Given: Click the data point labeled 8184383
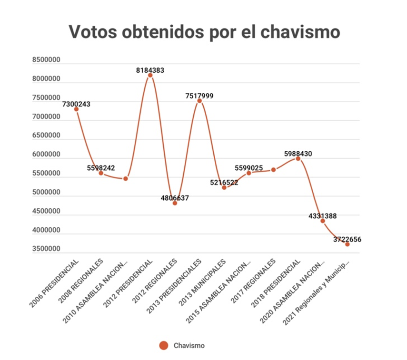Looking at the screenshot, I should pos(150,75).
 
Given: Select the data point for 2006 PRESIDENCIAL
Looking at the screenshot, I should pos(76,109).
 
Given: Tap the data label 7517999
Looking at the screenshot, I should pos(199,96).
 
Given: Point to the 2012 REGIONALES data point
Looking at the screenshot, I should pos(175,203).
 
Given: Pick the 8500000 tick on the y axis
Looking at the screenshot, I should pos(46,60).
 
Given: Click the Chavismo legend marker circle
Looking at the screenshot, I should pos(164,346).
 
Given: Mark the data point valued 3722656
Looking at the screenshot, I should pos(347,244).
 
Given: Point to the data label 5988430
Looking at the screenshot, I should pos(298,154).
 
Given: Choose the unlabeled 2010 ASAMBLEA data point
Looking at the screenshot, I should pos(126,178).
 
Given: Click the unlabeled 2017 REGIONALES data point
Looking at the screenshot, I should pos(273,170).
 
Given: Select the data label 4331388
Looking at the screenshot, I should pos(323,216).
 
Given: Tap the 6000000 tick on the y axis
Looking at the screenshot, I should pos(46,155).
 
